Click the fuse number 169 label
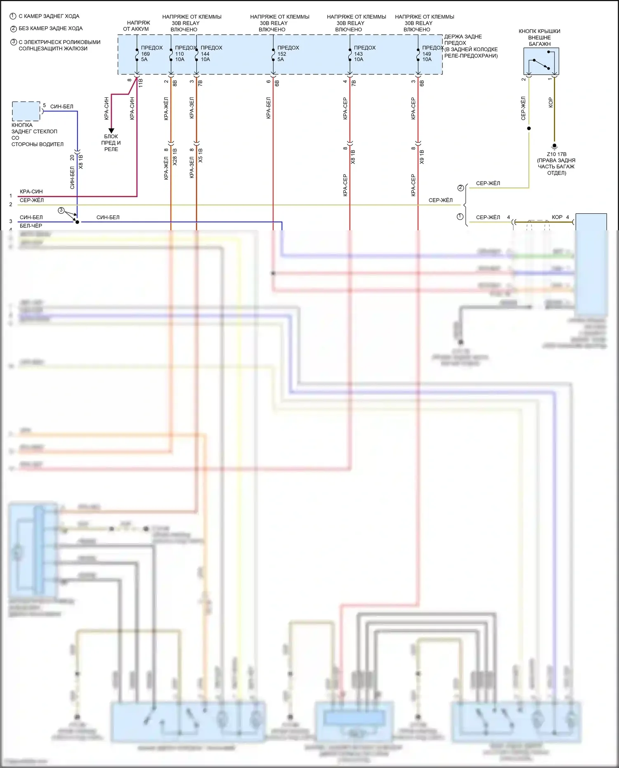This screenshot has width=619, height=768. click(146, 54)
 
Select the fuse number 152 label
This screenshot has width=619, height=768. click(282, 54)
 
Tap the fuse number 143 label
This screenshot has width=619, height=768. click(358, 54)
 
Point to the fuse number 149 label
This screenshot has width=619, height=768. click(427, 54)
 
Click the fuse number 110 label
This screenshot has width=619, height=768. click(180, 54)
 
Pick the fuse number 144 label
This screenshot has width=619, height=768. click(205, 54)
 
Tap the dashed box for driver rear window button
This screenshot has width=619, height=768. click(26, 111)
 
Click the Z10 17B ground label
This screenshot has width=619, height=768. click(556, 154)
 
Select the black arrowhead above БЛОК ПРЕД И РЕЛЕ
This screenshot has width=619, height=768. click(111, 130)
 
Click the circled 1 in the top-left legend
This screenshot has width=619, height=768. click(13, 17)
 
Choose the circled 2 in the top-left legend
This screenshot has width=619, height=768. click(13, 29)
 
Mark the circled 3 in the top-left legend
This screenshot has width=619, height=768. click(13, 42)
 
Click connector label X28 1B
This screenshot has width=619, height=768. click(175, 157)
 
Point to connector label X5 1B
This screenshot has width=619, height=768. click(201, 155)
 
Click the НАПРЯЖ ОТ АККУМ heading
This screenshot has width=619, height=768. click(136, 26)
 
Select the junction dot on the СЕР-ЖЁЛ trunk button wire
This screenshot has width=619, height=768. click(529, 128)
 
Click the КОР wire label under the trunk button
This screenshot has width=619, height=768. click(550, 103)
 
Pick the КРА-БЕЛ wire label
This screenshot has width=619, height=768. click(269, 108)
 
